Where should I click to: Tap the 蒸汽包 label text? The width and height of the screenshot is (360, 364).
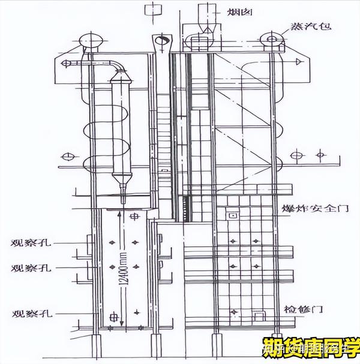pos(310,27)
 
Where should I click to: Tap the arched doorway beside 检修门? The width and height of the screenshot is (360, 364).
pos(259,313)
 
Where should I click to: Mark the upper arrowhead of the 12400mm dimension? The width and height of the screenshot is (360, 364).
pos(123,211)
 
